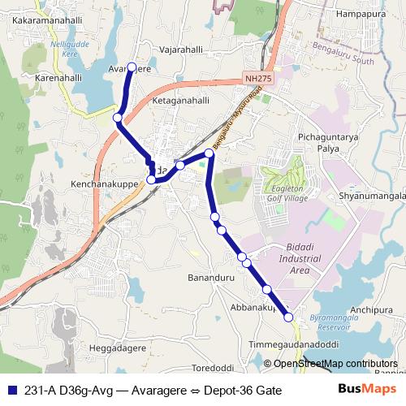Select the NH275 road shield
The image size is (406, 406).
256,80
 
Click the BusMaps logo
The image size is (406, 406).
361,390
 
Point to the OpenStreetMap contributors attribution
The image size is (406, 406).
335,363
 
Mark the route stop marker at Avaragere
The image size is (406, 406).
132,79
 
